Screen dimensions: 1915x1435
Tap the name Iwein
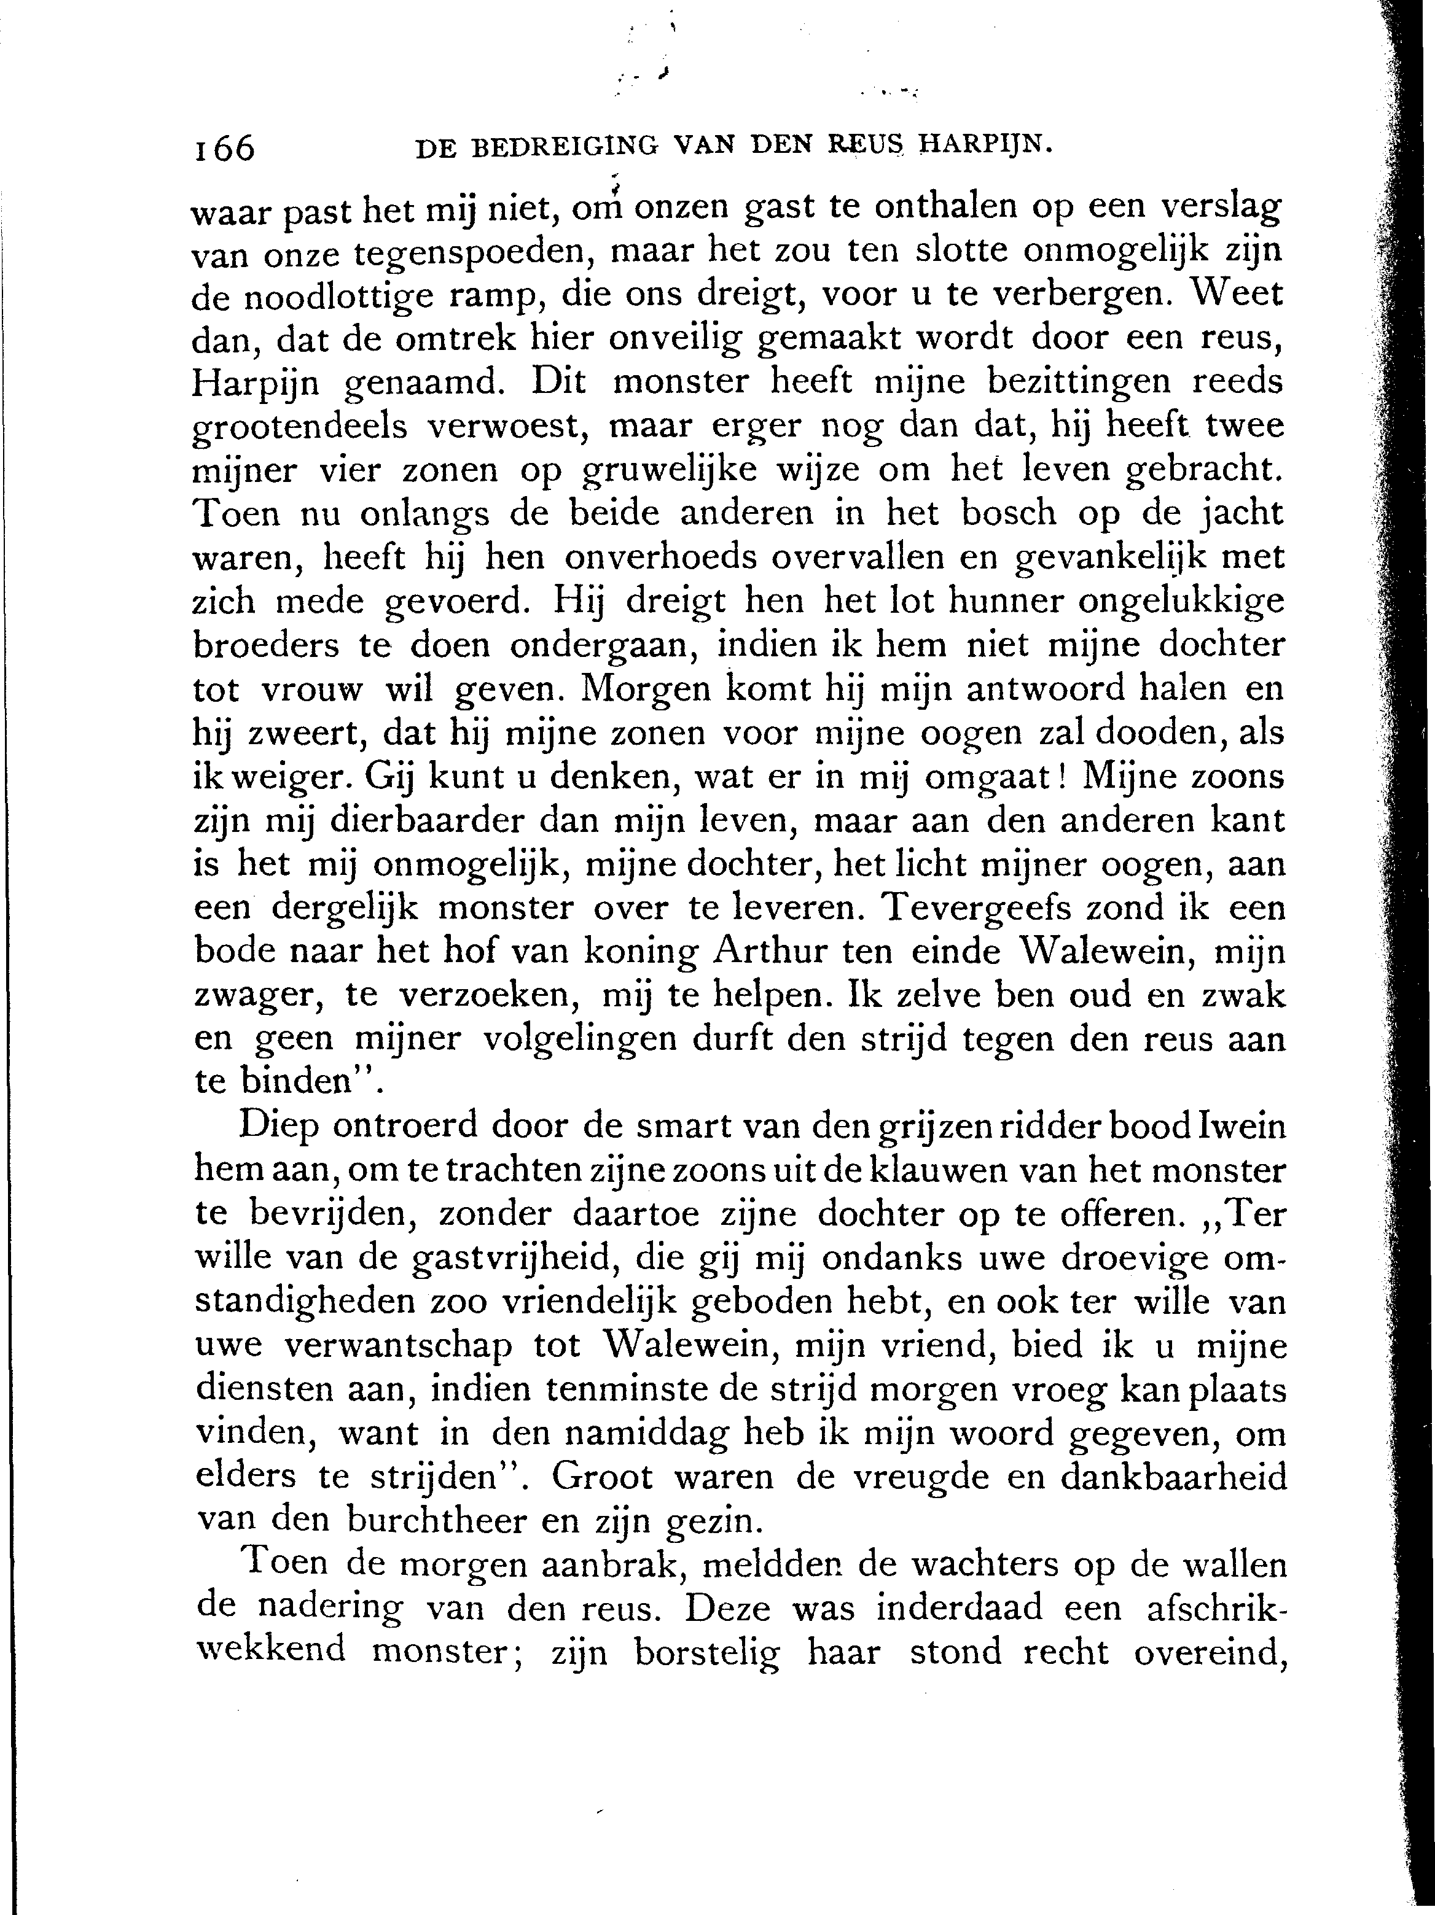pos(1242,1128)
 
